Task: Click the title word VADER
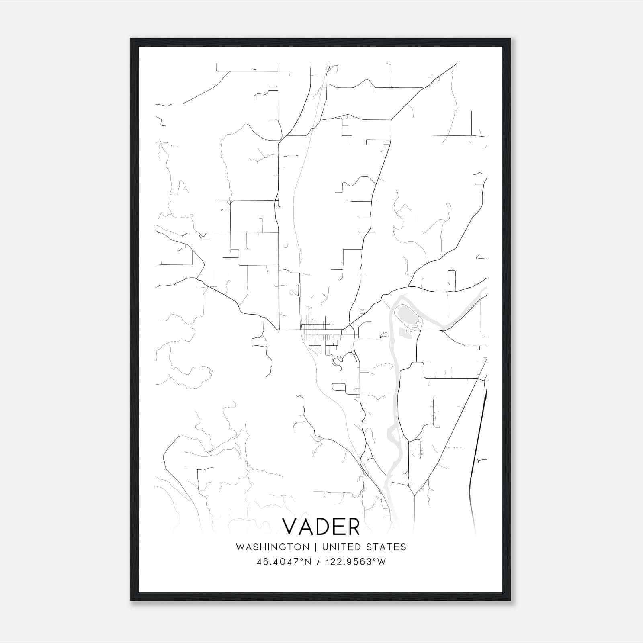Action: point(321,526)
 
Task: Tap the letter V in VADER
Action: point(290,526)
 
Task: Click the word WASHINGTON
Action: point(272,547)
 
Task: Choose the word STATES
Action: point(386,547)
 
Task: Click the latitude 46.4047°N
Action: point(284,562)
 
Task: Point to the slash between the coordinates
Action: point(318,562)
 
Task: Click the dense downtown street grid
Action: point(319,336)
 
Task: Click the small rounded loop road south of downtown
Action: point(338,387)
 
